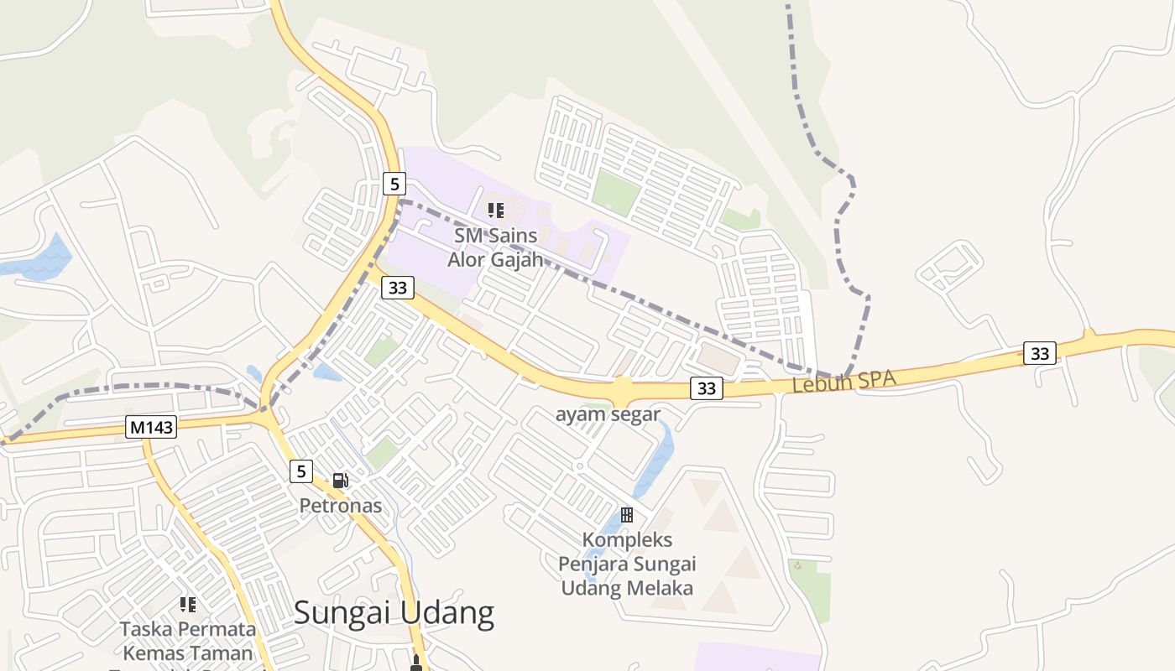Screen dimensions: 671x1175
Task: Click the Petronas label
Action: [x=341, y=506]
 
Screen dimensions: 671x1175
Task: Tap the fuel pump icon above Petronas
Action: [x=340, y=481]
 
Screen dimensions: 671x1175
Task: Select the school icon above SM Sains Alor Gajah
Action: [x=495, y=211]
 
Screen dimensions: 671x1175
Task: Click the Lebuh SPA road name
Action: [x=843, y=382]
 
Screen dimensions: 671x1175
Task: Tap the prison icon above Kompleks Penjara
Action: [x=627, y=514]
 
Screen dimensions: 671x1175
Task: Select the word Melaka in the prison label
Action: [x=663, y=587]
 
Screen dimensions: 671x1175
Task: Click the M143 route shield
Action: [x=152, y=427]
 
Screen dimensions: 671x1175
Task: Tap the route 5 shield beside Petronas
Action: [x=301, y=471]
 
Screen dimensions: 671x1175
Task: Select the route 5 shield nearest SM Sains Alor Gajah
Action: [x=394, y=183]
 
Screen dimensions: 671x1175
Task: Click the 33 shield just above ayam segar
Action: [x=706, y=388]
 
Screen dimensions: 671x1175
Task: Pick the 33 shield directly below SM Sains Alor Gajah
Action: [x=398, y=288]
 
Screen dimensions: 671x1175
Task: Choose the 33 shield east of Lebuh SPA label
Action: [x=1039, y=353]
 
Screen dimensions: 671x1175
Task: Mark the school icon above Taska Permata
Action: [x=188, y=604]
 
